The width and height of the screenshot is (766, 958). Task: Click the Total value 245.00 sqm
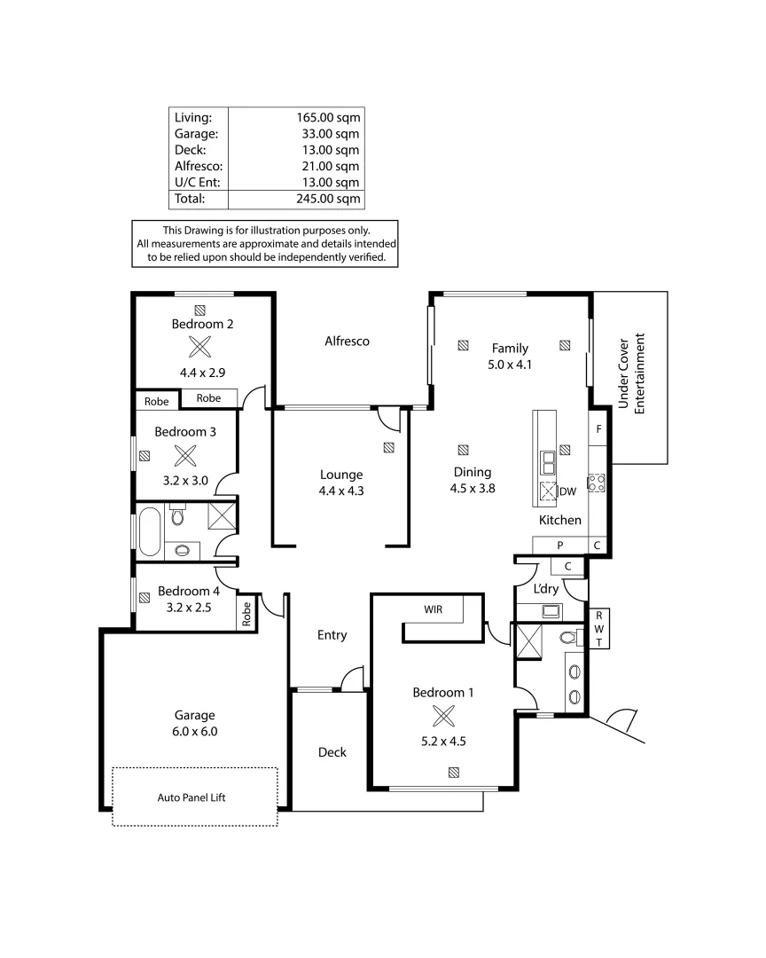click(x=327, y=199)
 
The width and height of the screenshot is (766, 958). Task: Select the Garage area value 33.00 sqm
click(x=327, y=133)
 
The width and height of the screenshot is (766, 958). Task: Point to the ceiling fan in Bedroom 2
click(x=202, y=347)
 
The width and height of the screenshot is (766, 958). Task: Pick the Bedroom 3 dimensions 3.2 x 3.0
click(x=185, y=480)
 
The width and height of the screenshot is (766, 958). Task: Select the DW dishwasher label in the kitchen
click(x=567, y=491)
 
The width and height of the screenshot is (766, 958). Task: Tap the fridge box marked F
click(x=599, y=429)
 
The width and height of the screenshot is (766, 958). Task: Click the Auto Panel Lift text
click(x=195, y=797)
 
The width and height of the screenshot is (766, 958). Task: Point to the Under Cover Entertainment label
click(x=631, y=373)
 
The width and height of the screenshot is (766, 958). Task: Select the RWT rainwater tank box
click(x=599, y=629)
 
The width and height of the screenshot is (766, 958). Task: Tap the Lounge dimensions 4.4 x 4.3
click(x=341, y=490)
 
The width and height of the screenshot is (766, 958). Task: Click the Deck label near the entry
click(x=332, y=752)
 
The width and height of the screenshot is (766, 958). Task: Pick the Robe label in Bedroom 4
click(x=246, y=611)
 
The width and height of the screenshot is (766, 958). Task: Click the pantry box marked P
click(x=559, y=545)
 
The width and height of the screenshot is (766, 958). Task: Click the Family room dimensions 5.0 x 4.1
click(x=510, y=364)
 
